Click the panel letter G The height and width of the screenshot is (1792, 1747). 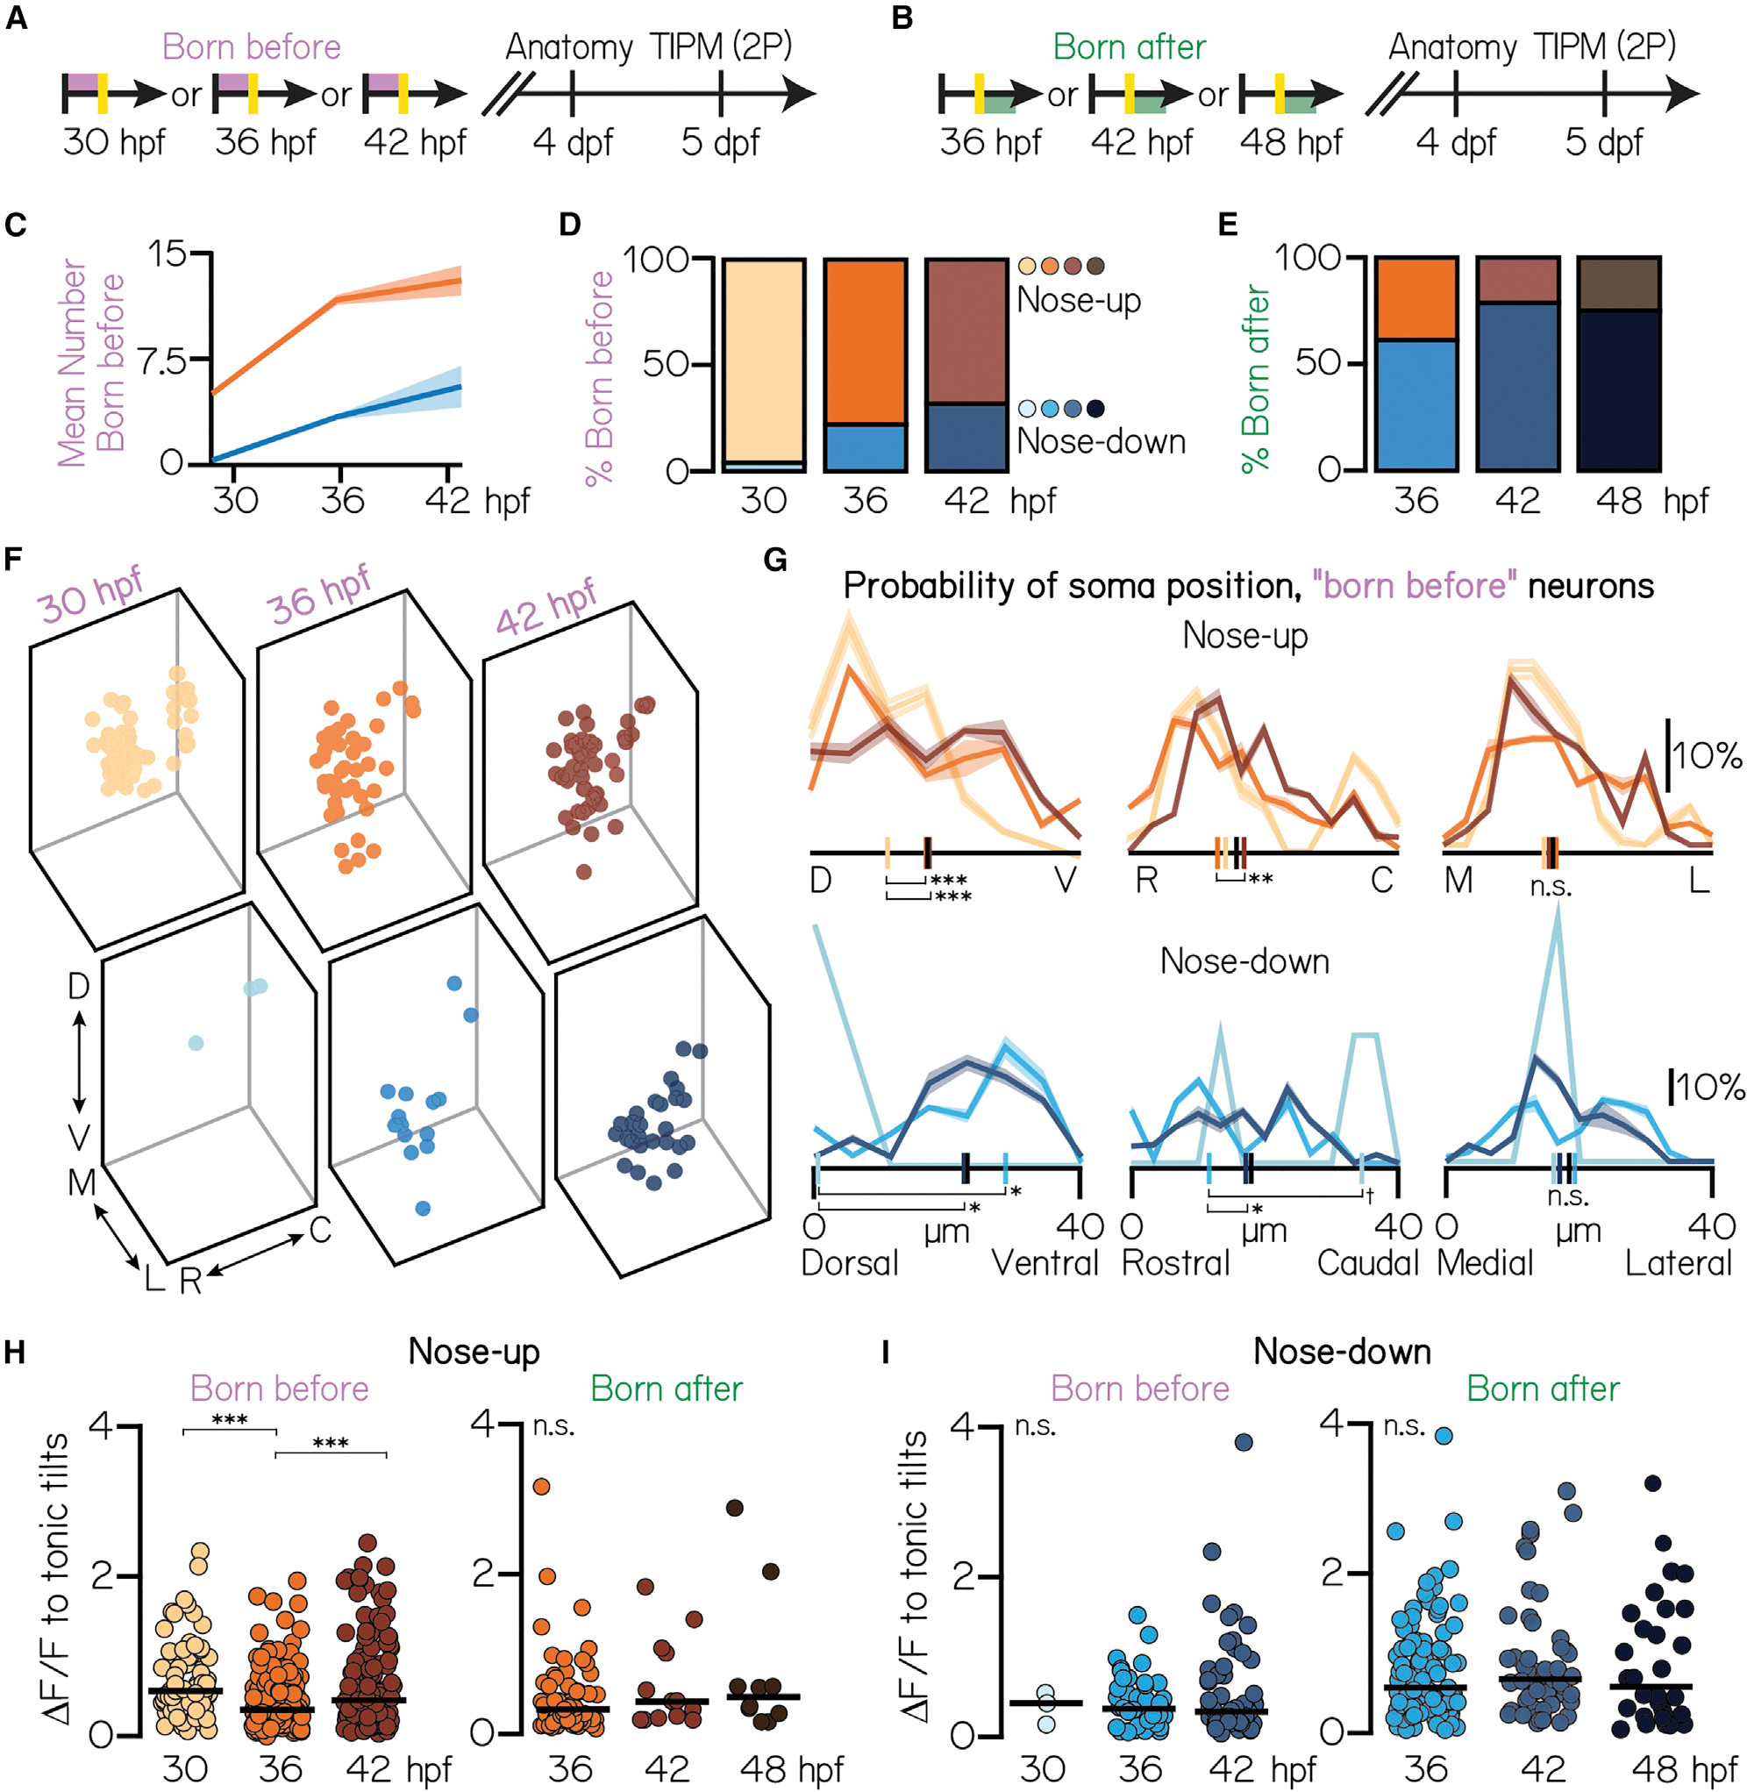coord(775,560)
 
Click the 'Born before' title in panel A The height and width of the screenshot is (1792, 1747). coord(252,46)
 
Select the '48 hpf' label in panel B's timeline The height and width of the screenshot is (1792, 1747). coord(1291,142)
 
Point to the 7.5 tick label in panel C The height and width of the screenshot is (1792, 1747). coord(162,361)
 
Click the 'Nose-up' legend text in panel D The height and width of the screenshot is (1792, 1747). coord(1079,300)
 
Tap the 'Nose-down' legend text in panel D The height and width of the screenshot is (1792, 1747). coord(1101,441)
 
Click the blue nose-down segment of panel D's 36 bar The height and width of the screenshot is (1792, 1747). coord(866,447)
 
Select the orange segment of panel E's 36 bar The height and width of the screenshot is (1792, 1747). coord(1415,299)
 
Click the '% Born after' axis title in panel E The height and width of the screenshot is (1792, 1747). coord(1256,378)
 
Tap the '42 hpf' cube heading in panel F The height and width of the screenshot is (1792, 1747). coord(547,605)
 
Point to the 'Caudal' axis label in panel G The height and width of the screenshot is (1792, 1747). coord(1367,1263)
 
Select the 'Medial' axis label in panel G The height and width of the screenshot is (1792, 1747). coord(1485,1263)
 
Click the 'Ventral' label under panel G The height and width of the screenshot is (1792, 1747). coord(1045,1263)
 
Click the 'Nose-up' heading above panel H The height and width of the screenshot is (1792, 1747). coord(474,1352)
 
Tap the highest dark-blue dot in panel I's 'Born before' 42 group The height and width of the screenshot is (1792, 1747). coord(1244,1442)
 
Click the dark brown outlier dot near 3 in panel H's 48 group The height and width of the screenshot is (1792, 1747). coord(734,1508)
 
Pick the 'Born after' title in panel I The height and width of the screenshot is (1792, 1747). coord(1543,1389)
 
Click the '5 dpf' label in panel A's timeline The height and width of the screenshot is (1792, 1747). coord(720,142)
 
